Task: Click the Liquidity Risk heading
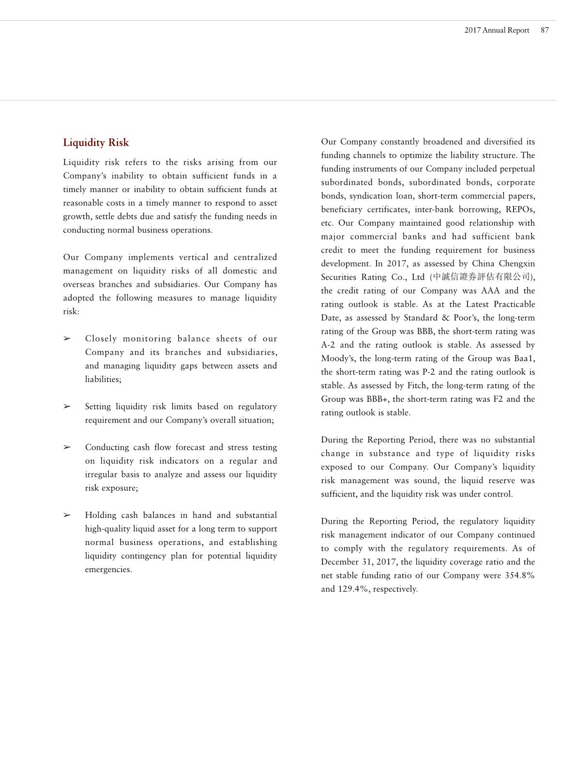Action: (96, 143)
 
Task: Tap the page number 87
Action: (545, 30)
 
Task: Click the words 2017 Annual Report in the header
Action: (497, 30)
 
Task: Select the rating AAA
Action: (490, 291)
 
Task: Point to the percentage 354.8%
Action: (519, 575)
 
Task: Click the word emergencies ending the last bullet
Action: (108, 570)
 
